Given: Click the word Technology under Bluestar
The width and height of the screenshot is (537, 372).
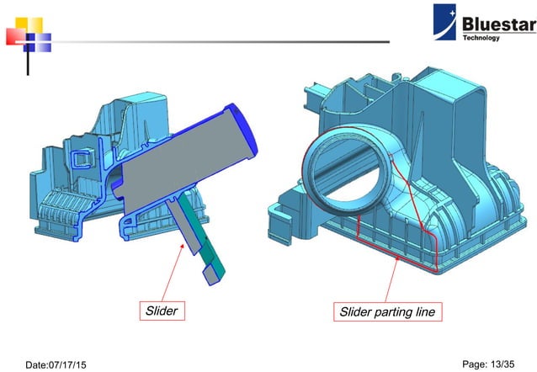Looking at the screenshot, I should click(x=481, y=38).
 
